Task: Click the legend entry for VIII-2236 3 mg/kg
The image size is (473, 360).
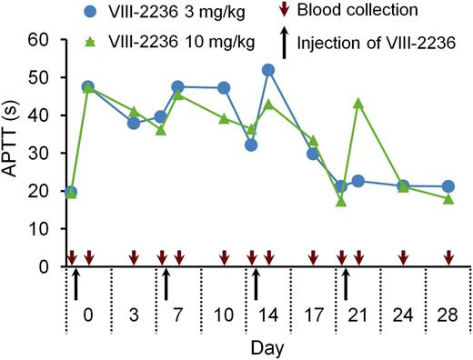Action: (x=142, y=11)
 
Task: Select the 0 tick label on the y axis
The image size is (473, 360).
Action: (x=41, y=266)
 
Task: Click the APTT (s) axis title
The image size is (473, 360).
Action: (x=13, y=153)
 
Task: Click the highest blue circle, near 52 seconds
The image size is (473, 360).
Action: (x=268, y=70)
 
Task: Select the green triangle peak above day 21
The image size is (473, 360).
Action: (x=358, y=103)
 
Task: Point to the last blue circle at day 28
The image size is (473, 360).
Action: (x=448, y=186)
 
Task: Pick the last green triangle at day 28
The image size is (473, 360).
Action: (x=448, y=198)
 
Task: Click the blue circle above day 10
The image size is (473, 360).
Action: (x=224, y=88)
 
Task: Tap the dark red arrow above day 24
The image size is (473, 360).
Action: (x=403, y=259)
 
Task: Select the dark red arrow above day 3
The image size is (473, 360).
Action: (x=134, y=259)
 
